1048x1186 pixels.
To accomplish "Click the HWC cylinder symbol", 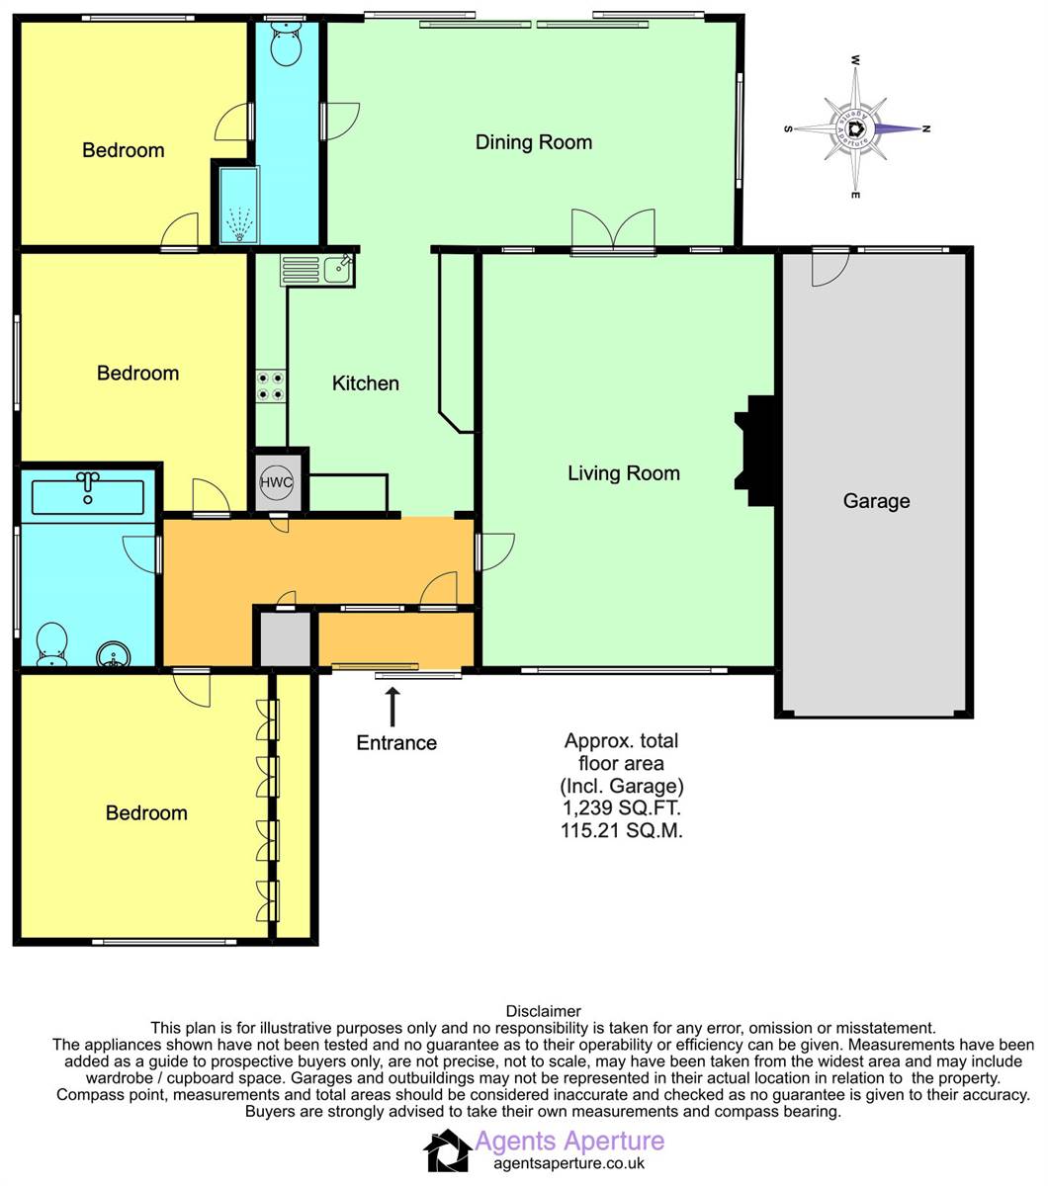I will point(276,483).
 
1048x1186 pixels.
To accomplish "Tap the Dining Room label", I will point(534,142).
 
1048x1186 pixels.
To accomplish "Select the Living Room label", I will point(624,473).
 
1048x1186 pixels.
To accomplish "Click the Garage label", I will point(876,501).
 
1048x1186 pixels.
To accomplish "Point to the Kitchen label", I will point(365,383).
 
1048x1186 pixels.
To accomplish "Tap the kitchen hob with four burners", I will point(271,386).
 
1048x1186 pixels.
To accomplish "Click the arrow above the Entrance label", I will point(393,707).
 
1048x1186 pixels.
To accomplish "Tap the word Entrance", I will point(396,743).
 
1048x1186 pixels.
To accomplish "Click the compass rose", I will point(856,128).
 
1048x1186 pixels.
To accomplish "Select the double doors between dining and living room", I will point(613,232).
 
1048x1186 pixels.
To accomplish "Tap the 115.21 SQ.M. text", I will point(621,831).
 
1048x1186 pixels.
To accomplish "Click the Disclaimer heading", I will point(543,1011).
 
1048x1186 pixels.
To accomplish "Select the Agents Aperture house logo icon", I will point(448,1151).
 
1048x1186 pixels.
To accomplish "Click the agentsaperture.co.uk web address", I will point(568,1164).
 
